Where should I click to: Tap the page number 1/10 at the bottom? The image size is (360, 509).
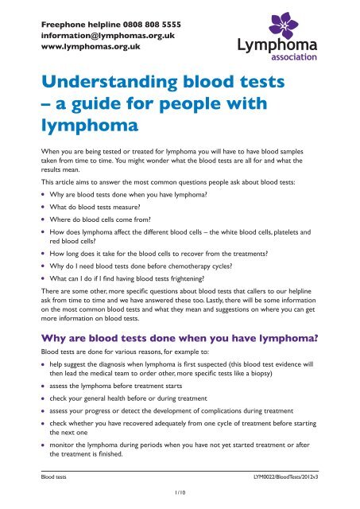pos(180,499)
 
